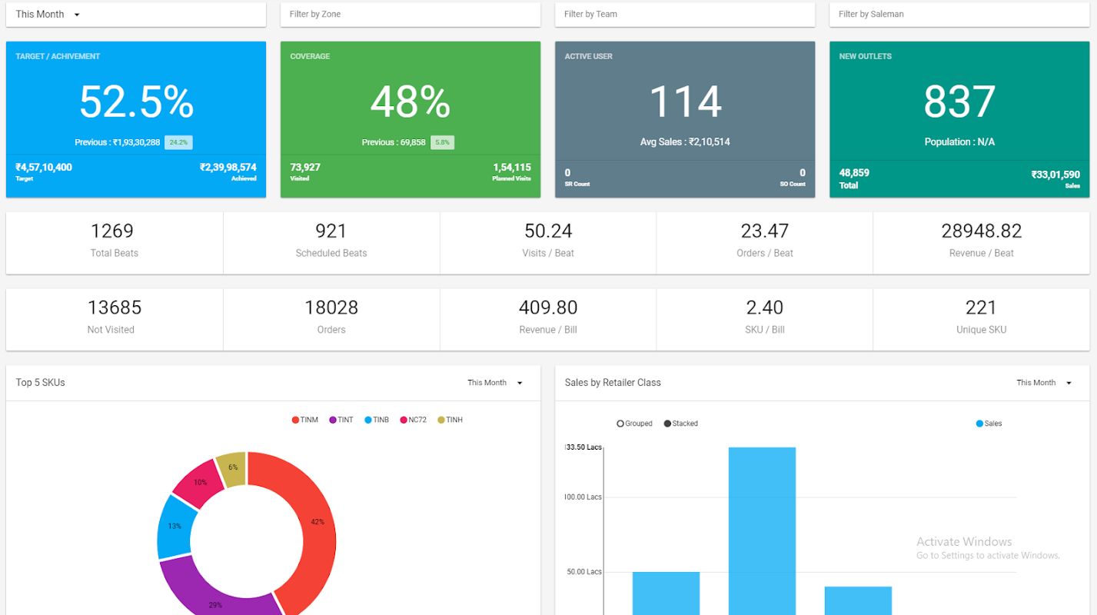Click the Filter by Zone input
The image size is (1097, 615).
coord(410,14)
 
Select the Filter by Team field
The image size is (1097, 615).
coord(684,14)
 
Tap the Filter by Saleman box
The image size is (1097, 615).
coord(959,14)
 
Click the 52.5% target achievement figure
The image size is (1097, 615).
coord(136,101)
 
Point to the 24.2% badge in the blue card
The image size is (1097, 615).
coord(178,142)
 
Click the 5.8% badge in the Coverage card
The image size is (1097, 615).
coord(442,142)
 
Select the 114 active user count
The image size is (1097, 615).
coord(685,101)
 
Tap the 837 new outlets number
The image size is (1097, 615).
coord(959,101)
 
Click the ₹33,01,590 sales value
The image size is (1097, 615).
coord(1055,175)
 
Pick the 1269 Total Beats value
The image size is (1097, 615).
coord(112,231)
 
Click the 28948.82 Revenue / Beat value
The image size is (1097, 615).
coord(981,231)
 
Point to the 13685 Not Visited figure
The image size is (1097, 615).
coord(114,307)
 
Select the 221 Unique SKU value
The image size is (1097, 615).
coord(981,307)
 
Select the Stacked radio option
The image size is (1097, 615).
coord(667,424)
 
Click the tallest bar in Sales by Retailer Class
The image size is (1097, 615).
coord(762,530)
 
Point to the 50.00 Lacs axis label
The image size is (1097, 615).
coord(583,572)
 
